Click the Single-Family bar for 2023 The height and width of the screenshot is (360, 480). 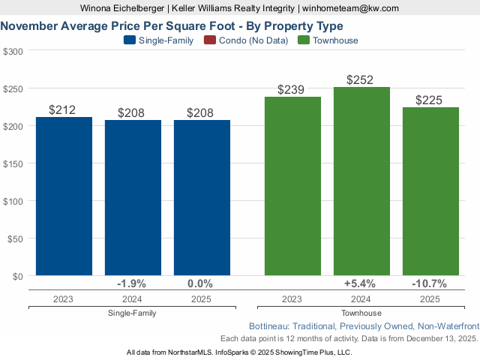pos(64,196)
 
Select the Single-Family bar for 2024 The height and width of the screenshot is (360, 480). pos(133,198)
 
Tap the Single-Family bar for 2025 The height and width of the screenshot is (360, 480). pos(202,198)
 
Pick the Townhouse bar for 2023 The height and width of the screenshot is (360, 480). pos(292,186)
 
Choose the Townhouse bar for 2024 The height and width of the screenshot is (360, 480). pos(361,181)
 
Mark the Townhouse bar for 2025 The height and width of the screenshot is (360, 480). pos(430,191)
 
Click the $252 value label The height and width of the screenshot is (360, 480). pos(360,80)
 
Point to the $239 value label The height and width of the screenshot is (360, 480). pos(291,90)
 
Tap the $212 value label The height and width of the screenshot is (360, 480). pos(62,110)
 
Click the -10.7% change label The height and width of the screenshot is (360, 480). pos(429,283)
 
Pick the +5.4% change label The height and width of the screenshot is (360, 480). pos(360,283)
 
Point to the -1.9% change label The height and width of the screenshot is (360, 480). pos(132,283)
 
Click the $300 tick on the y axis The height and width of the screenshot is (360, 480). pos(13,51)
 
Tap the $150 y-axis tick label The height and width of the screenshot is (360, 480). pos(13,163)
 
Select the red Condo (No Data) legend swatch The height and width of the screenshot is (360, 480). pos(209,40)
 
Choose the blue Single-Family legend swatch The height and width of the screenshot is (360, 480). pos(129,40)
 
